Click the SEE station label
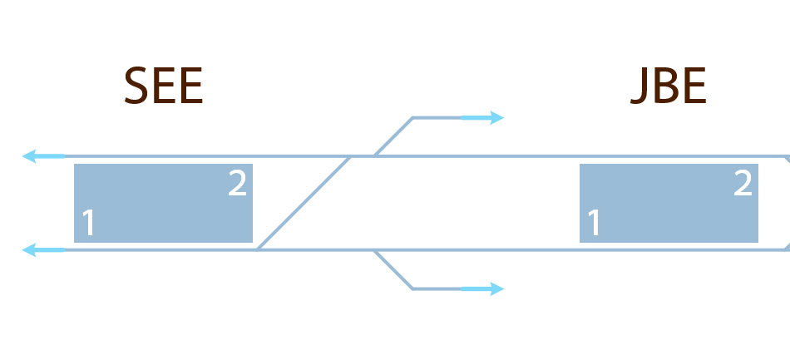[x=163, y=86]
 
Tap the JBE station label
[x=669, y=86]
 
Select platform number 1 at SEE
[x=89, y=224]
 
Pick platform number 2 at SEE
[x=237, y=184]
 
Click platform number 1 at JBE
[x=594, y=224]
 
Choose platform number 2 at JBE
[x=743, y=184]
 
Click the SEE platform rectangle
[x=163, y=204]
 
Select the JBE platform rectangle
[x=669, y=204]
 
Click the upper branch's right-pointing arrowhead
[x=496, y=118]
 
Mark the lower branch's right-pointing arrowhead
[x=496, y=288]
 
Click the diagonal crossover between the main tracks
[x=304, y=203]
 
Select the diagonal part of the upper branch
[x=393, y=137]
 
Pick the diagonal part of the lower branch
[x=393, y=269]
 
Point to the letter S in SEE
[x=136, y=86]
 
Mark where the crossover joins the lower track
[x=259, y=249]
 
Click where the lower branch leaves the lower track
[x=375, y=249]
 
